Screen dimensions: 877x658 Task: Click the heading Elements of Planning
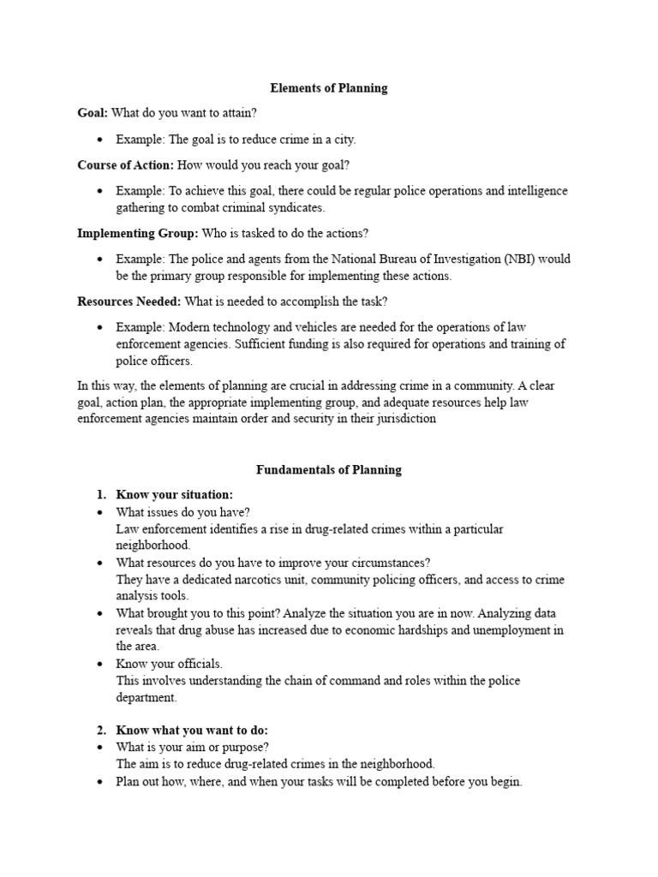[x=329, y=88]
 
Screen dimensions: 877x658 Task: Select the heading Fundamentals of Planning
[x=329, y=469]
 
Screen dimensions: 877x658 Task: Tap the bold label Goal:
[x=93, y=113]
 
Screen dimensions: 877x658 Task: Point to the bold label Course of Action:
[x=126, y=164]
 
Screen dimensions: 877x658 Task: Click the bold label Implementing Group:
[x=138, y=233]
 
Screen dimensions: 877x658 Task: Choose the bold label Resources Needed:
[x=129, y=301]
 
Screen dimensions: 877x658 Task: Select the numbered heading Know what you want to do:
[x=192, y=730]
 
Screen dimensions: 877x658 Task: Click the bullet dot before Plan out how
[x=101, y=782]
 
